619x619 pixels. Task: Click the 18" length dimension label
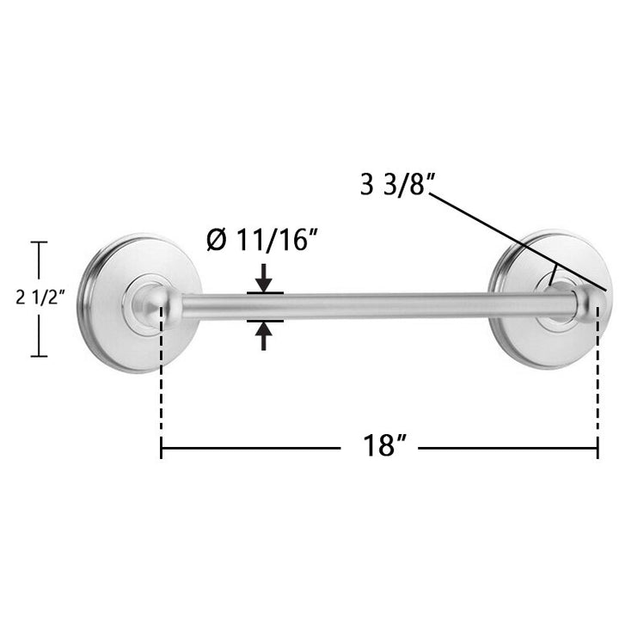pyautogui.click(x=384, y=445)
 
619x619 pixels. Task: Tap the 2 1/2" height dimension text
pyautogui.click(x=40, y=297)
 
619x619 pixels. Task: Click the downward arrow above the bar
pyautogui.click(x=263, y=277)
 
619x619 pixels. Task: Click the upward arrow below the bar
pyautogui.click(x=263, y=336)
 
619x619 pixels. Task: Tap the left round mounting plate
pyautogui.click(x=139, y=303)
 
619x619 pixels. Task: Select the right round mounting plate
pyautogui.click(x=550, y=299)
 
